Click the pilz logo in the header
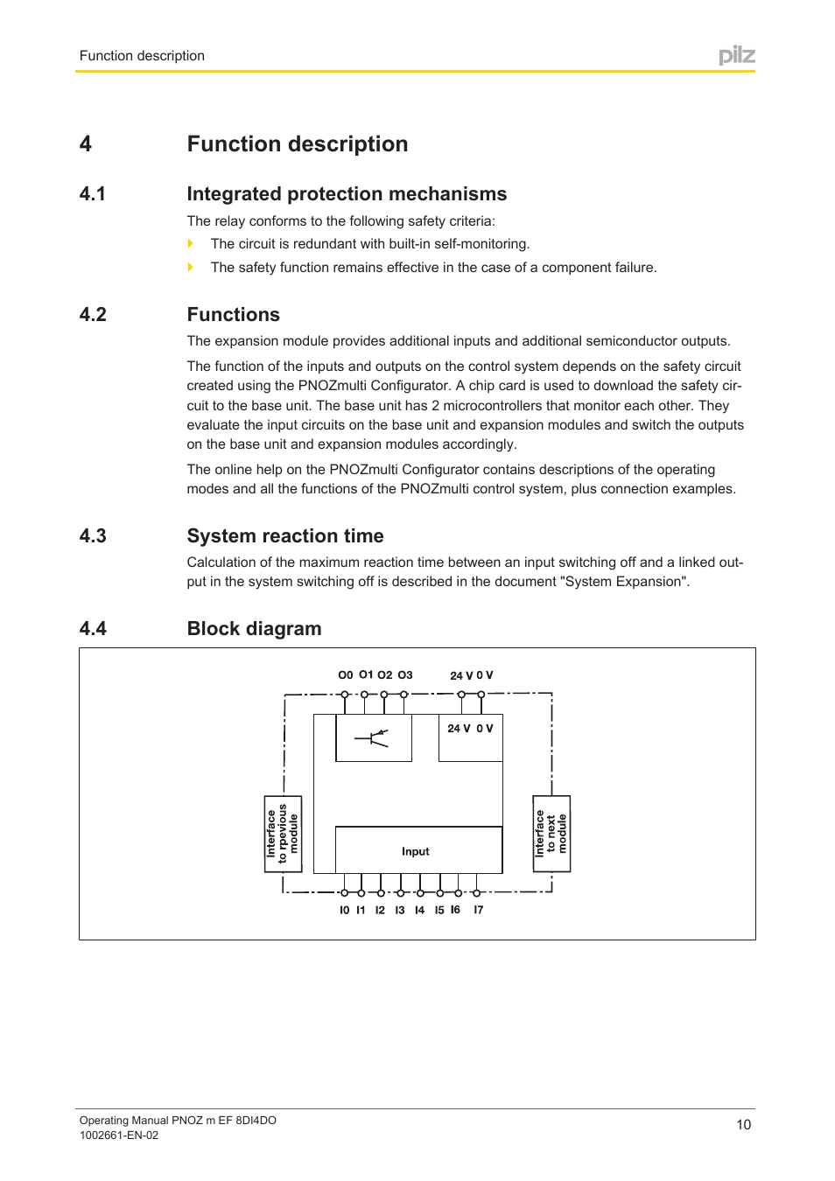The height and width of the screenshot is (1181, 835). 736,56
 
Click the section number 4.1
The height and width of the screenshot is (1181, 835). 93,194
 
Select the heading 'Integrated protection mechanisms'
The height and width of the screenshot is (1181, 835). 347,194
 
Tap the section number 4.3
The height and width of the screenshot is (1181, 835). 93,536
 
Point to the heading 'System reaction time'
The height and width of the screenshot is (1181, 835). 285,536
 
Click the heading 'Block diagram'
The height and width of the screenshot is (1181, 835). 254,629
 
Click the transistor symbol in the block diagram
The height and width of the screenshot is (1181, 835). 373,738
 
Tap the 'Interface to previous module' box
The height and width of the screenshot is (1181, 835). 283,834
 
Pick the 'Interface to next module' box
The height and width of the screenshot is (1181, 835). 551,834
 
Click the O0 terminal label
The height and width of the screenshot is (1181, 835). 345,675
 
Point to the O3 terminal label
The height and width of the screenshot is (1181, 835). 405,675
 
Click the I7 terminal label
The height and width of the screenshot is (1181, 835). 478,911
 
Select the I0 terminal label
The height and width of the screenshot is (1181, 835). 344,911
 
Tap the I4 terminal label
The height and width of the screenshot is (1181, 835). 419,911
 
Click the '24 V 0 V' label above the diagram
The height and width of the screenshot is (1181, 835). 471,675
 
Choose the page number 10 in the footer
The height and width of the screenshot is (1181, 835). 743,1125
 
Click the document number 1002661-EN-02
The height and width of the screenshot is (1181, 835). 119,1136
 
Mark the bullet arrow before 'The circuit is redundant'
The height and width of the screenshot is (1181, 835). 191,244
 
